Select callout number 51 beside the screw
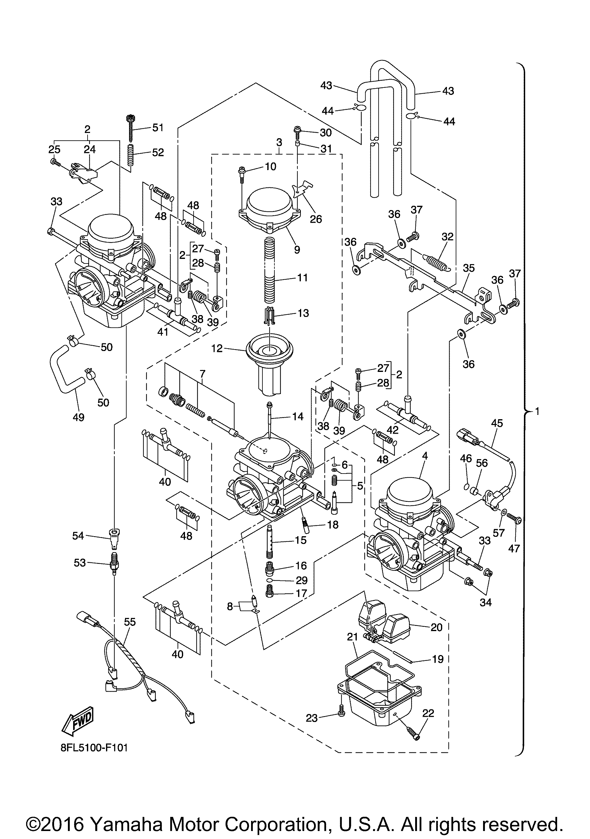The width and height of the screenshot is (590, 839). tap(158, 127)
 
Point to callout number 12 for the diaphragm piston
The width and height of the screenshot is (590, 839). tap(217, 348)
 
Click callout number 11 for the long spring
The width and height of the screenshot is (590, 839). tap(302, 278)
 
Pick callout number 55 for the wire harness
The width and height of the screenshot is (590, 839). tap(130, 622)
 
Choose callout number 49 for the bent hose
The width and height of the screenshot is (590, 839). tap(79, 417)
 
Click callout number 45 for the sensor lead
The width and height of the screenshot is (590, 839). tap(497, 423)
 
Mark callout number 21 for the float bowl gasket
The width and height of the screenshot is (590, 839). tap(352, 637)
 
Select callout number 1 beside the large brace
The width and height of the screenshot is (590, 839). tap(537, 412)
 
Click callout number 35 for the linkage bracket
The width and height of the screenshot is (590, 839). tap(469, 268)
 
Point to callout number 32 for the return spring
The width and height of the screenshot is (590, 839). tap(447, 236)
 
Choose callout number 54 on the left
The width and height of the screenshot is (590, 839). tap(78, 536)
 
